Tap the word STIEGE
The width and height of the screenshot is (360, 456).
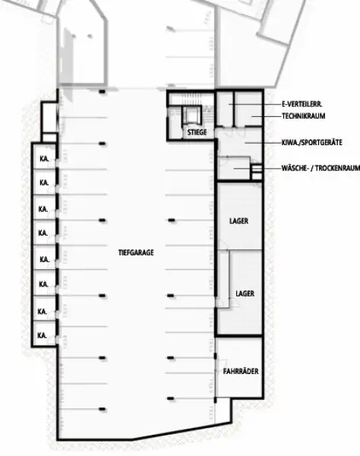click(x=197, y=132)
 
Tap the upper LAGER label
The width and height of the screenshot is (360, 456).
click(x=238, y=221)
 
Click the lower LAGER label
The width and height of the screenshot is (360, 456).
click(x=245, y=292)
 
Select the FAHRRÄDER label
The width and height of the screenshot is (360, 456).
click(x=242, y=372)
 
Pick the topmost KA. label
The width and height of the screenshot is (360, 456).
click(x=43, y=159)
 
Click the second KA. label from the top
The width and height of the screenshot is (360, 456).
click(x=43, y=183)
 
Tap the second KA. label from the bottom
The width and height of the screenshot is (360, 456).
click(x=43, y=311)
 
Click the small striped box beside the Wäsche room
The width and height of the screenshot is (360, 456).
click(x=256, y=169)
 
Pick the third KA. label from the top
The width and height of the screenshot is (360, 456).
click(x=43, y=208)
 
